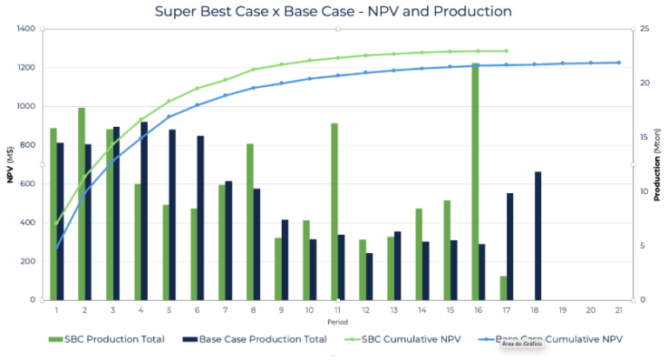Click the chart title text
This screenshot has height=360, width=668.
[333, 11]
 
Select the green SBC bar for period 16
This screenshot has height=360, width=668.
[476, 182]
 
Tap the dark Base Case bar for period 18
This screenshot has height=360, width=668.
[538, 236]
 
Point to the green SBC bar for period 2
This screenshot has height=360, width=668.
[81, 203]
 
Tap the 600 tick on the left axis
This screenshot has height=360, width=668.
[27, 183]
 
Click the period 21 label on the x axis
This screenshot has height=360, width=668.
[618, 310]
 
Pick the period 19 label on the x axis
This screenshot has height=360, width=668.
[562, 310]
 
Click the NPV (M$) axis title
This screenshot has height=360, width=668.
[10, 164]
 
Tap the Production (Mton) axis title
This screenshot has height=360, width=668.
[658, 164]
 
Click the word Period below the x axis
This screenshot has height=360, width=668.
[337, 322]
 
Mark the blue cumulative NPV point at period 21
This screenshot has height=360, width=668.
[618, 63]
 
